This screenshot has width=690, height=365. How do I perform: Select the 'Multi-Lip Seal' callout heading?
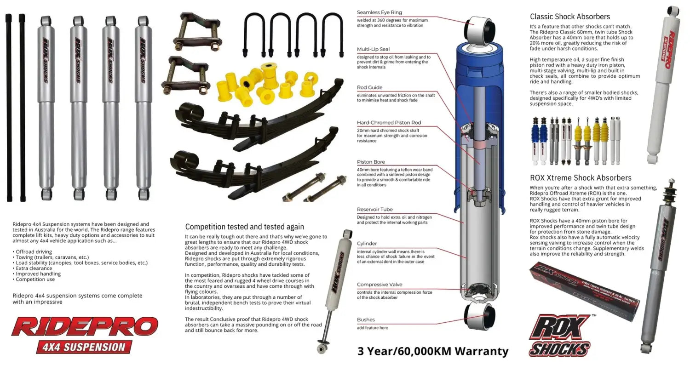point(373,49)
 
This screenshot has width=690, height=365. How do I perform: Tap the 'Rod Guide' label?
point(369,87)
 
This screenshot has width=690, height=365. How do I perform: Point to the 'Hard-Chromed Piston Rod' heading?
point(389,123)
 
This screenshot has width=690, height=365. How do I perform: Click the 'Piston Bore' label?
point(371,162)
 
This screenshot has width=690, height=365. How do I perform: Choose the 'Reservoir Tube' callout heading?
point(374,210)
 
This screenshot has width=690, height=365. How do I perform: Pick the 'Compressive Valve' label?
point(379,285)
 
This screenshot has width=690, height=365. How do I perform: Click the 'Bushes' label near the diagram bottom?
point(366,319)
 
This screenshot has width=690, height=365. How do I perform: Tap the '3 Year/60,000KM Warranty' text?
point(433,352)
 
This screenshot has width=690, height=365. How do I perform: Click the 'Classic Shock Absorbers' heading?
point(570,17)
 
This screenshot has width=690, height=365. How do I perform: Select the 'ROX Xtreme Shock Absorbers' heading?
point(581,178)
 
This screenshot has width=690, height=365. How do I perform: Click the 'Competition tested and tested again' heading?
point(244,227)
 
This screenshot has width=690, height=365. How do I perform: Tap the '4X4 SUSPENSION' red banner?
point(84,347)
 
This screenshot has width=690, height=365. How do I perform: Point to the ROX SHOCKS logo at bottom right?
point(560,335)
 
